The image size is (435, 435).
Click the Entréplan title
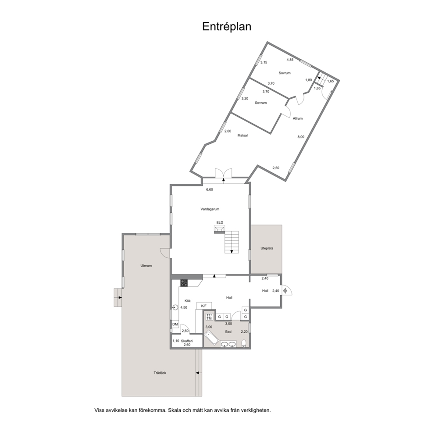point(227,27)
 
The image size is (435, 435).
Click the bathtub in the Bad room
point(212,339)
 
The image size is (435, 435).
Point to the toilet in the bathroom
point(244,343)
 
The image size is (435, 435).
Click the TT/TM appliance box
point(209,317)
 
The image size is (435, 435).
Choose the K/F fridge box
point(204,306)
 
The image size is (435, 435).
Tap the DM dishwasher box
point(175,324)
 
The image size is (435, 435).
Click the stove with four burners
point(184,283)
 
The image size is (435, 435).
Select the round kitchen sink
point(175,307)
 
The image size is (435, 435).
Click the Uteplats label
point(267,248)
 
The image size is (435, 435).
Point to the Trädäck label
point(160,373)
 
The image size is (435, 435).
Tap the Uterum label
point(146,266)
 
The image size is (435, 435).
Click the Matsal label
point(242,135)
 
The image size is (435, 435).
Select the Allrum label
point(298,118)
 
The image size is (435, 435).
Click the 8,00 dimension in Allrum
point(301,137)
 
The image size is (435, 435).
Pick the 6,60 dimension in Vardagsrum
point(210,190)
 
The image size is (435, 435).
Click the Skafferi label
point(187,341)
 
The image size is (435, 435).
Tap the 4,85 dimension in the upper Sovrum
point(290,60)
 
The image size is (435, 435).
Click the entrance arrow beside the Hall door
point(285,291)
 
